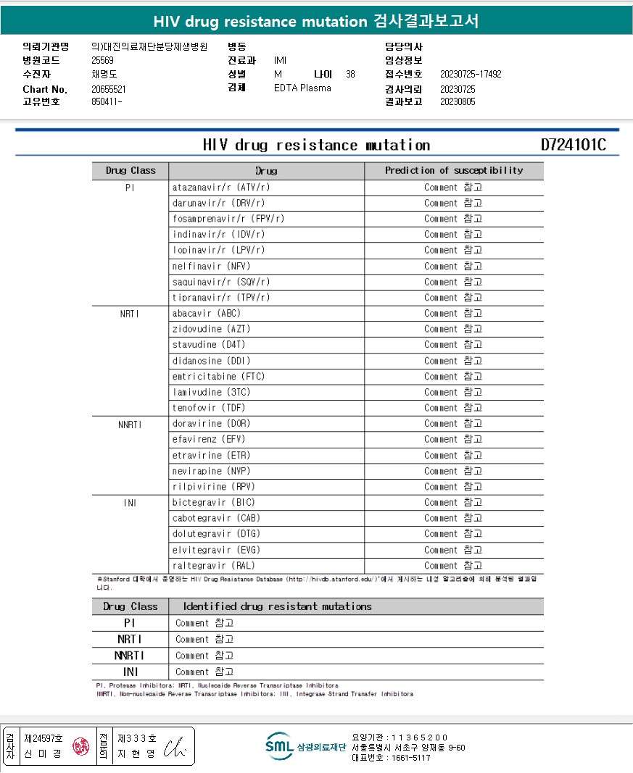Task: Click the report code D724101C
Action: click(x=573, y=145)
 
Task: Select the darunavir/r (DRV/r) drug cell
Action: click(x=218, y=203)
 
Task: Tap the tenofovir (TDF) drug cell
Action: click(x=210, y=408)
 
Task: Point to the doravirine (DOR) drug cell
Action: click(x=211, y=423)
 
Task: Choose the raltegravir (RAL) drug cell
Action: click(x=214, y=566)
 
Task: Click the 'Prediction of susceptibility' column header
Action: click(x=453, y=171)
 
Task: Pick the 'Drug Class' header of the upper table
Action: click(x=131, y=171)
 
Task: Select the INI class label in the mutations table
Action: click(x=131, y=672)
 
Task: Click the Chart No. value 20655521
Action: click(x=109, y=89)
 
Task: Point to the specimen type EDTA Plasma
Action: click(x=302, y=88)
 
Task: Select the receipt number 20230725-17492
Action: click(x=471, y=75)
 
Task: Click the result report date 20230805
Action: click(x=458, y=102)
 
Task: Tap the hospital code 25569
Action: click(x=102, y=61)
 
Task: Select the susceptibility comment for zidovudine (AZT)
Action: click(x=453, y=329)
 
